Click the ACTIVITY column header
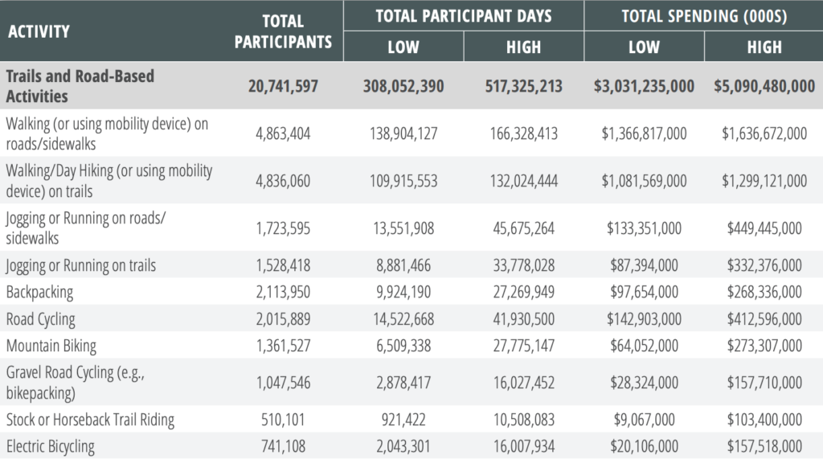[x=39, y=31]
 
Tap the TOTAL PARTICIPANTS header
[x=283, y=31]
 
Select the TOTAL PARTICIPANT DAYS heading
[x=464, y=16]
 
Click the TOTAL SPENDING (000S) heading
[x=704, y=16]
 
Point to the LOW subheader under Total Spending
[x=644, y=47]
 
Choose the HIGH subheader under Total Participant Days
[x=523, y=47]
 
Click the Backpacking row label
[x=40, y=292]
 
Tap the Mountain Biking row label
[x=51, y=346]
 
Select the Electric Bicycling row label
[x=51, y=446]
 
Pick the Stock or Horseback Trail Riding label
[x=90, y=420]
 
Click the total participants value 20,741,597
[x=283, y=86]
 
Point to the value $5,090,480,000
[x=764, y=86]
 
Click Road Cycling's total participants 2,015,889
[x=283, y=319]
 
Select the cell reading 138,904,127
[x=403, y=133]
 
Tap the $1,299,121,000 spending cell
[x=764, y=181]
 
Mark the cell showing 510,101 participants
[x=283, y=420]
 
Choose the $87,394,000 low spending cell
[x=644, y=265]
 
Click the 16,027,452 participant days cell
[x=523, y=383]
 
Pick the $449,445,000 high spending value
[x=764, y=228]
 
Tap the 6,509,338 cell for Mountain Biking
[x=403, y=346]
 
